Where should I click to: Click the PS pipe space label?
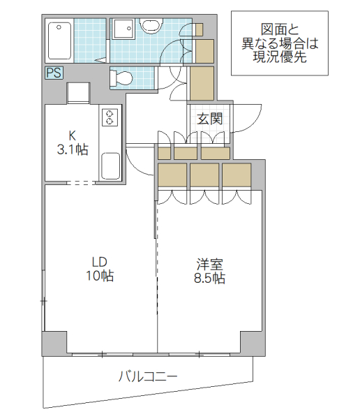54,72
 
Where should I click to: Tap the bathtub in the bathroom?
59,41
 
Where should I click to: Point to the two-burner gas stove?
110,117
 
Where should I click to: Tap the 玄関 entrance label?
209,119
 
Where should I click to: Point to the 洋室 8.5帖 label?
209,271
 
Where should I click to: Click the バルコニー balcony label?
147,376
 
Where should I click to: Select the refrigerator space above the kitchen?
77,93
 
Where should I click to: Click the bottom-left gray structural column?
54,342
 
